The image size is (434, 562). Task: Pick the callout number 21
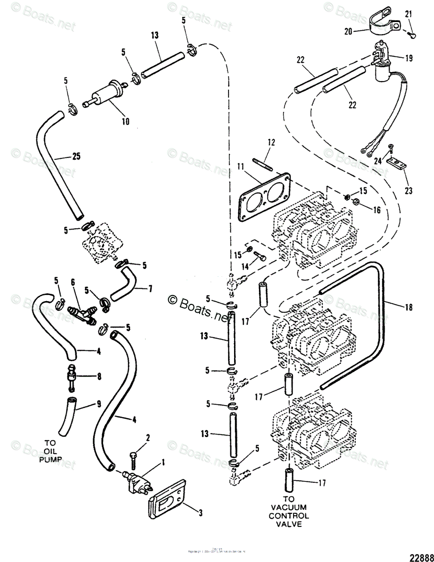(x=409, y=15)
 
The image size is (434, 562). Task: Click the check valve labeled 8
(x=72, y=376)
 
